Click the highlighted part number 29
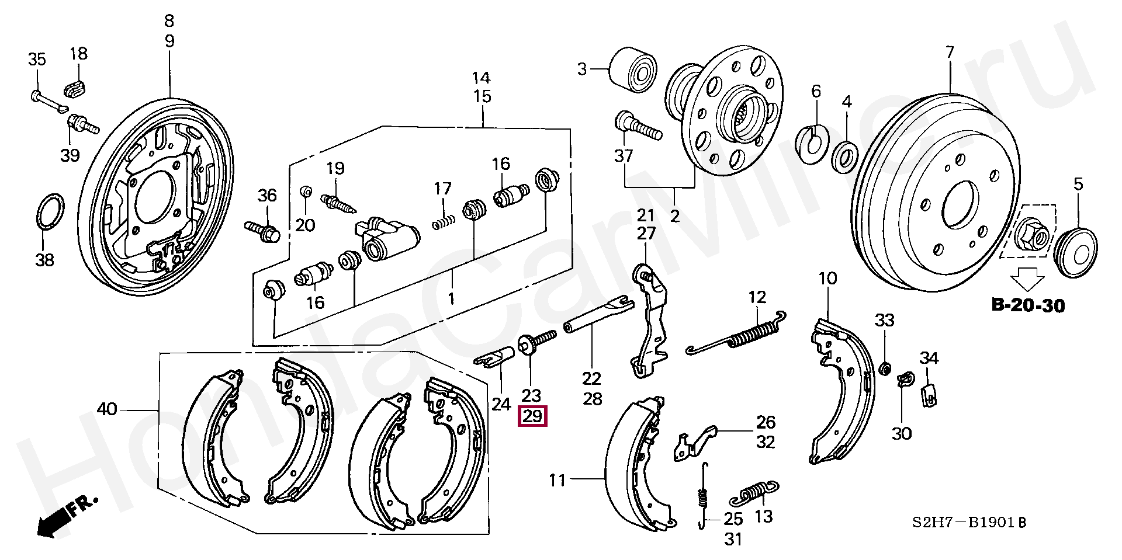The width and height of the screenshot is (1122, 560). tap(532, 416)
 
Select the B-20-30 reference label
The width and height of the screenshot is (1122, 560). tap(1028, 305)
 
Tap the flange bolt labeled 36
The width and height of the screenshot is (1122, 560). tap(262, 230)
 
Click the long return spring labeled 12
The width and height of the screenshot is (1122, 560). tap(739, 337)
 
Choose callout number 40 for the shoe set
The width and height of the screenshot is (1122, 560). tap(107, 410)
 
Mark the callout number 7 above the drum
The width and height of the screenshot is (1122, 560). tap(950, 53)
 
